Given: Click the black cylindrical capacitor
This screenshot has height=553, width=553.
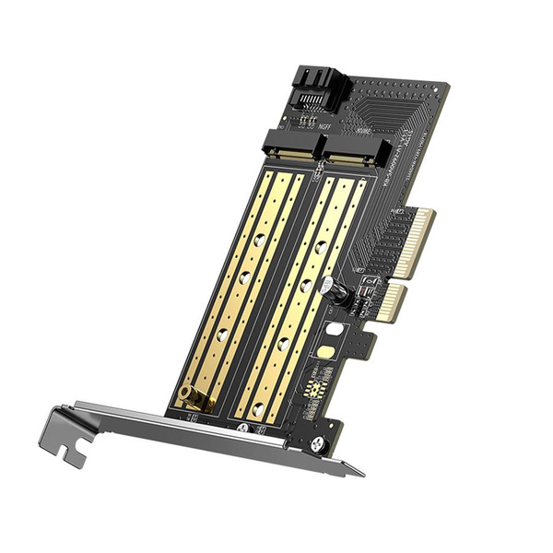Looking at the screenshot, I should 337,294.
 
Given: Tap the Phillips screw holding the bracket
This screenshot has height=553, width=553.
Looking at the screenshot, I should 318,444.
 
